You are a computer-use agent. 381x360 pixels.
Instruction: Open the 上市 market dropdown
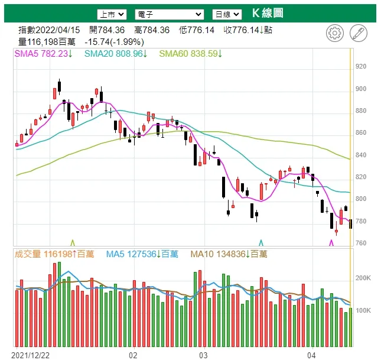click(x=112, y=14)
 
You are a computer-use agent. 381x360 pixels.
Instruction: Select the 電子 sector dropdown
click(x=168, y=14)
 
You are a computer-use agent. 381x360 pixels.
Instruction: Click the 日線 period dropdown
click(x=227, y=14)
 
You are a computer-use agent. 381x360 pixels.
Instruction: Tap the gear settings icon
click(x=334, y=33)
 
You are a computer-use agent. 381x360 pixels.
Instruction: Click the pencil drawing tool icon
click(x=358, y=33)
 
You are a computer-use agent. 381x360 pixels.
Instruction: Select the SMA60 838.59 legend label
click(x=190, y=54)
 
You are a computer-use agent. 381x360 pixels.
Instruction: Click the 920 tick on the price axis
click(x=360, y=67)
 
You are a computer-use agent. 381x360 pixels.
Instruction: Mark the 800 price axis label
click(x=360, y=199)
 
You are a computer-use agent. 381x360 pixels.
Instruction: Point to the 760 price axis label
click(x=360, y=243)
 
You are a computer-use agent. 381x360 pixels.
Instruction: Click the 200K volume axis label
click(x=362, y=278)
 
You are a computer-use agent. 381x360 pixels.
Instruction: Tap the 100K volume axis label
click(x=362, y=310)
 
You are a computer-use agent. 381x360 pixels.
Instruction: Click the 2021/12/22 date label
click(x=29, y=355)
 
